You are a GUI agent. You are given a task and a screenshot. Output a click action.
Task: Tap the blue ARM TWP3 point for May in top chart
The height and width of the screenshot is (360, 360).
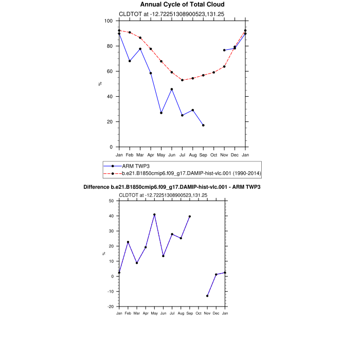[161, 113]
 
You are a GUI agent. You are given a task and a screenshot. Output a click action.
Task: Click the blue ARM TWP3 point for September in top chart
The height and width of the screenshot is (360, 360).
[203, 125]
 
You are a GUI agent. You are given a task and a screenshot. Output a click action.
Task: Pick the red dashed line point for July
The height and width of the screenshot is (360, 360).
[182, 80]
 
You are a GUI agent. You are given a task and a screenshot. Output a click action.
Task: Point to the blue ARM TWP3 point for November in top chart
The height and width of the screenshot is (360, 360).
[224, 50]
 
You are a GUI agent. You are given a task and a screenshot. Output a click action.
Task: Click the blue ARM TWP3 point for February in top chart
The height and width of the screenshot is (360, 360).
[130, 61]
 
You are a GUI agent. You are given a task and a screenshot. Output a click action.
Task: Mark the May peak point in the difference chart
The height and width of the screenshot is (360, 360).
[154, 214]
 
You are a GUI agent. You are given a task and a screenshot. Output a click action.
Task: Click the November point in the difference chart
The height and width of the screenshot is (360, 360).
[207, 296]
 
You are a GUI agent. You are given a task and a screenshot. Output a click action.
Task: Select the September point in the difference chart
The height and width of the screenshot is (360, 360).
[190, 217]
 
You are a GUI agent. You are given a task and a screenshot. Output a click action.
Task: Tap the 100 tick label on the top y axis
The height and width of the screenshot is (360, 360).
[108, 21]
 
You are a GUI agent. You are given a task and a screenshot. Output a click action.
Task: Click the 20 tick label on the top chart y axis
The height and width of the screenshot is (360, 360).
[110, 122]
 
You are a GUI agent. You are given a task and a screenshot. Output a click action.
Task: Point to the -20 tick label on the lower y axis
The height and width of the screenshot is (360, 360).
[110, 307]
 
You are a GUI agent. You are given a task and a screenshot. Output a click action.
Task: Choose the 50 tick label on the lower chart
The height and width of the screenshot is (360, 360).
[111, 201]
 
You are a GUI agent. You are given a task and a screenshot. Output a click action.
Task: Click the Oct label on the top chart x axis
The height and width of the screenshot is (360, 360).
[213, 155]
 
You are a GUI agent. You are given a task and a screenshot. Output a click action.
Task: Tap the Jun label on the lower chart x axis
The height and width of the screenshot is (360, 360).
[163, 313]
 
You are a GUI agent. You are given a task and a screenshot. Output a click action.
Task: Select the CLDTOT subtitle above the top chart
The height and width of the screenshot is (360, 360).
[163, 14]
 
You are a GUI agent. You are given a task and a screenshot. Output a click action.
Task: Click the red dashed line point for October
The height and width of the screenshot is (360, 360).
[213, 73]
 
